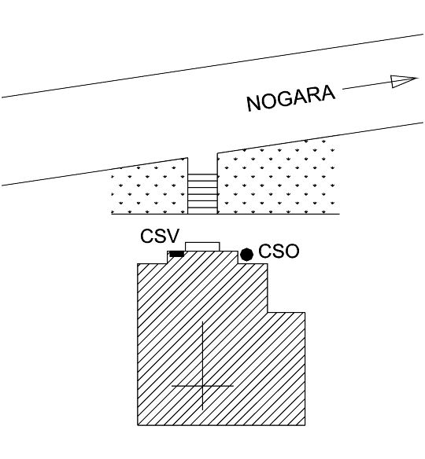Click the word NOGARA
290,98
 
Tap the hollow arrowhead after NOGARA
404,81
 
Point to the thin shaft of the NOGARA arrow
367,86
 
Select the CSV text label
160,236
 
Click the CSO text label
279,252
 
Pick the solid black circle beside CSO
247,255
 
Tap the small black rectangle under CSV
177,254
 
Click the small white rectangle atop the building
202,247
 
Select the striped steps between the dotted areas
202,194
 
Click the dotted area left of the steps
150,190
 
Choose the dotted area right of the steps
279,178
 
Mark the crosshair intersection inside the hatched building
202,386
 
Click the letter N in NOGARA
254,103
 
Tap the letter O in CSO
292,252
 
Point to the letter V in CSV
172,236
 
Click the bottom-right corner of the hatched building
305,425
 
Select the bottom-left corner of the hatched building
138,425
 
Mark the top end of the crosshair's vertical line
202,321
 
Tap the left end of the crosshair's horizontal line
172,386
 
